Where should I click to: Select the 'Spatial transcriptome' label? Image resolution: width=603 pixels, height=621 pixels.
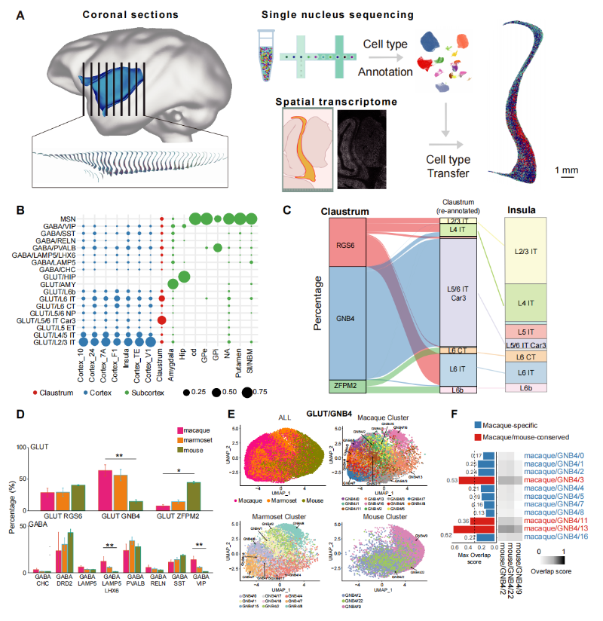click(326, 101)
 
